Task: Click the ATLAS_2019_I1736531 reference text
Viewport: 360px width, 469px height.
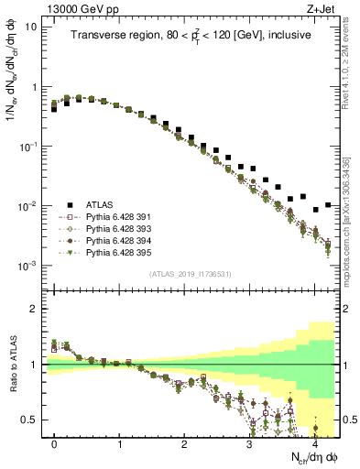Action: pyautogui.click(x=190, y=274)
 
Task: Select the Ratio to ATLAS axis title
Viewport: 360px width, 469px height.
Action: pyautogui.click(x=12, y=365)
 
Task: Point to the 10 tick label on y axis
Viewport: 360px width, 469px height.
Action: pyautogui.click(x=31, y=27)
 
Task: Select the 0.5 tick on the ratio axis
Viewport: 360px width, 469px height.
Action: pyautogui.click(x=29, y=420)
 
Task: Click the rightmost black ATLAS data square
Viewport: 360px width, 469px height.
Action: pyautogui.click(x=328, y=205)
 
